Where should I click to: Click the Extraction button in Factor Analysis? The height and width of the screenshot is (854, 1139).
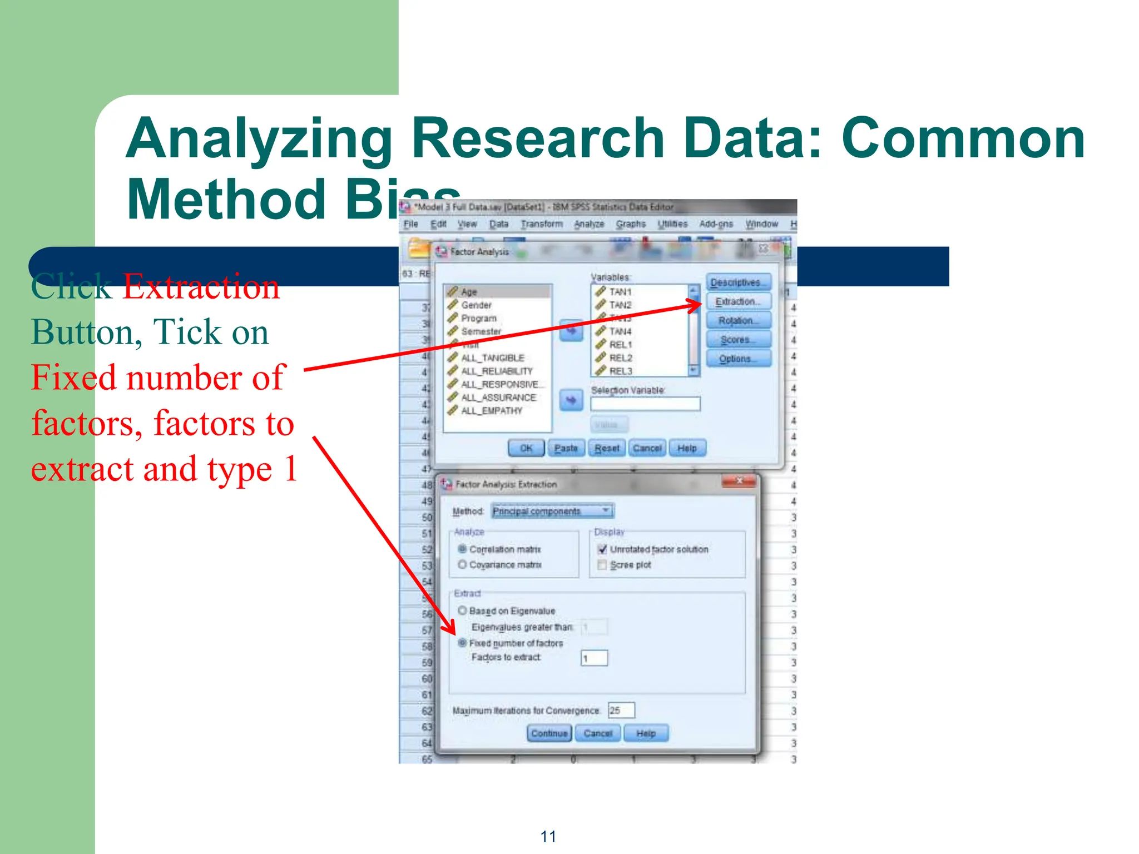coord(738,301)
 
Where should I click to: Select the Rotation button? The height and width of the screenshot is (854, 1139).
coord(738,320)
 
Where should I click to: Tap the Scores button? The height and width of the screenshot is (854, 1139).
coord(738,339)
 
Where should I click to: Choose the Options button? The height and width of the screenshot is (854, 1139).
coord(738,359)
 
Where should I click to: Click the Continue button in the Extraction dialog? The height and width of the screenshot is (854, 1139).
coord(549,733)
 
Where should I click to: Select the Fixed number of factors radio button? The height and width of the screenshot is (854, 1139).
coord(462,643)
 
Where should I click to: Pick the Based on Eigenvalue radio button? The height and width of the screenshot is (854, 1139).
coord(462,610)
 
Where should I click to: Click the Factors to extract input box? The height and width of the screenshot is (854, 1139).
coord(594,658)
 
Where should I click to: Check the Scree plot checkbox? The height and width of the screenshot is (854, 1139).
coord(602,565)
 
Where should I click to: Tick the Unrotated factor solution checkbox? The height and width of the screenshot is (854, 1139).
coord(602,549)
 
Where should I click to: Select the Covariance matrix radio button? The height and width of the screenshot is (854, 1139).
coord(462,565)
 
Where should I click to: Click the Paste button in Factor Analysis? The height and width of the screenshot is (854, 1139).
coord(566,448)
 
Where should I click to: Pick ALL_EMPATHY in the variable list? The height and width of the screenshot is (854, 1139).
coord(492,411)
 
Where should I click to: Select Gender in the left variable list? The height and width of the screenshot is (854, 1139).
coord(477,305)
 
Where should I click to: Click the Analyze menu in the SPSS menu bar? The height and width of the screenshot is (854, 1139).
coord(589,224)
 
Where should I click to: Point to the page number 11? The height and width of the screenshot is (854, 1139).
coord(548,836)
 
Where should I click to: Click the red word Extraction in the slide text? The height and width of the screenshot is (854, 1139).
coord(201,287)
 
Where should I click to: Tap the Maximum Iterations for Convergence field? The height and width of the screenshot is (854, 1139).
coord(621,711)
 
